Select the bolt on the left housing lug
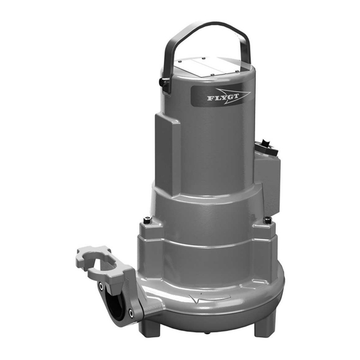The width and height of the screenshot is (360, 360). click(147, 220)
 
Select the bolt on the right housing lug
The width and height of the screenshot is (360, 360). click(267, 220)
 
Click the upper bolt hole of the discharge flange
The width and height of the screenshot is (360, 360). click(101, 286)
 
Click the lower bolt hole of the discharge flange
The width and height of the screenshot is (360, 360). click(131, 312)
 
